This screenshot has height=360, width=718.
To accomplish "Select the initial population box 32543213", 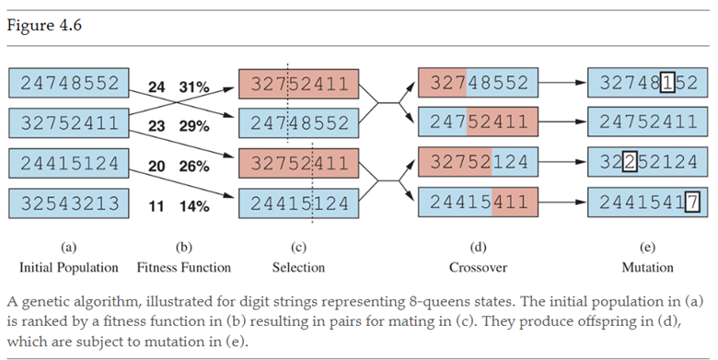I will (70, 203).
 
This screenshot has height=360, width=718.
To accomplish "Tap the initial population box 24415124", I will (70, 164).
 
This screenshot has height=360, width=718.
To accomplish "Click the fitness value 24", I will (157, 87).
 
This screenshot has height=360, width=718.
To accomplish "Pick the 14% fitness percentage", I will (193, 206).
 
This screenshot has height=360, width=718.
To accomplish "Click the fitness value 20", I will (157, 167).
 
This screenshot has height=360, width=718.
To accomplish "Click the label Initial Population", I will (69, 268).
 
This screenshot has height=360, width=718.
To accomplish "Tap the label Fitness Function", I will (184, 268).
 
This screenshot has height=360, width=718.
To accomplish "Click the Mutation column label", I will (646, 268).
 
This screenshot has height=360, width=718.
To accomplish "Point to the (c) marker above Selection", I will (298, 248).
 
